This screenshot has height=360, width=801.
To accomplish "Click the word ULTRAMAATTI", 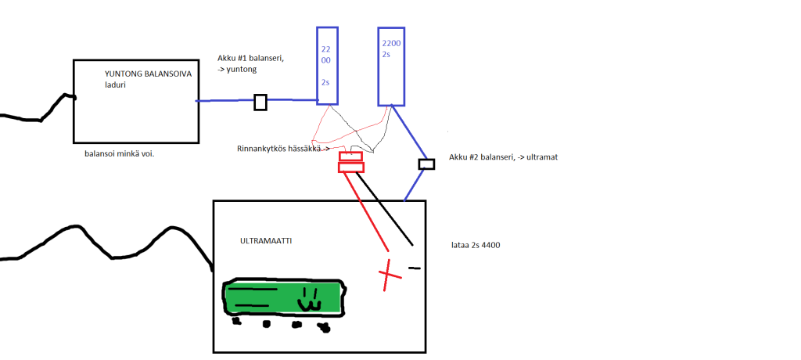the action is coord(266,241).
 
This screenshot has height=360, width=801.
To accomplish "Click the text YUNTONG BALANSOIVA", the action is coord(148,74).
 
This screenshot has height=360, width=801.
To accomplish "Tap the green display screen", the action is coord(283,297).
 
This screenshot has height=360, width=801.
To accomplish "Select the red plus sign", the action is coord(390,275).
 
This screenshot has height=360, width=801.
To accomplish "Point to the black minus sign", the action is coord(415,268).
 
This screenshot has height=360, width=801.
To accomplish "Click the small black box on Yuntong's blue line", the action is coord(260,103).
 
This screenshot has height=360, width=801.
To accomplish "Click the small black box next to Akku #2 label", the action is coord(426,164).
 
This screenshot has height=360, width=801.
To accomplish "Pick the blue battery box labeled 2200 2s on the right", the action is coord(391,67).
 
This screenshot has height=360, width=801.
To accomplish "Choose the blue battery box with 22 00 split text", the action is coord(328,66).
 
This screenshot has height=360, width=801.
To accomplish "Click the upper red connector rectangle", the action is coord(351,156).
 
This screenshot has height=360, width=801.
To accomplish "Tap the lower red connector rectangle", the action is coord(351,167).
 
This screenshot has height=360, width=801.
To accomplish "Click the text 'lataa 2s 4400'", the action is coord(475,246).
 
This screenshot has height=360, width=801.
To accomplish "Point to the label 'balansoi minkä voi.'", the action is coord(120,154).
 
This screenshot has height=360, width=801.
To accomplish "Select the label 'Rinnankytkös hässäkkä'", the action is coord(279,149).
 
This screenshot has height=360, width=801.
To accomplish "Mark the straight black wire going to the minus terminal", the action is coord(385,210).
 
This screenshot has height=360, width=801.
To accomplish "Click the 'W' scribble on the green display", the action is coord(310,301).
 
